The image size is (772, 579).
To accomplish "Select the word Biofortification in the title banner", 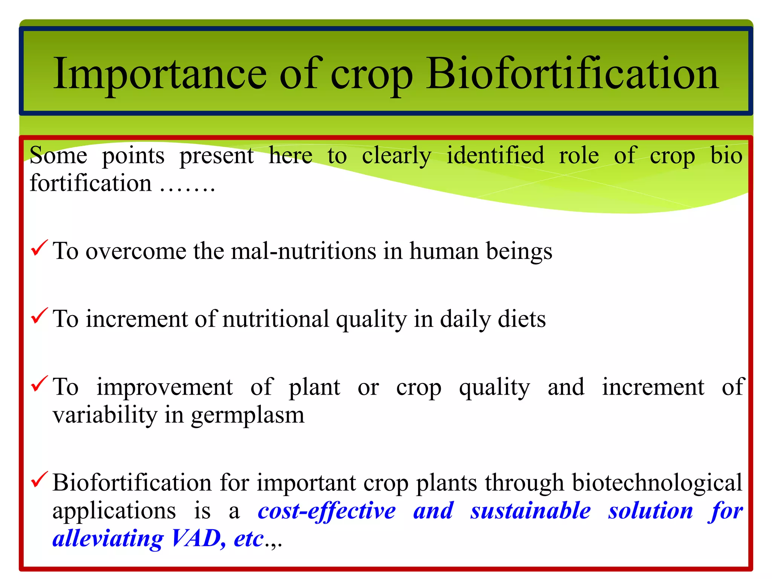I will [572, 74].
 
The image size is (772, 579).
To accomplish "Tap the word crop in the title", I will [371, 75].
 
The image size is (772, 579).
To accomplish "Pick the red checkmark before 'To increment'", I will [39, 316].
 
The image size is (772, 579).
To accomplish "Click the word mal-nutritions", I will [303, 251].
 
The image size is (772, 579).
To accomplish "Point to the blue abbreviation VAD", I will [196, 538].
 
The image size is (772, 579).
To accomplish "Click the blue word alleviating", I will [108, 538].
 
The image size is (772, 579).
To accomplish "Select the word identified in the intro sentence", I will [495, 155].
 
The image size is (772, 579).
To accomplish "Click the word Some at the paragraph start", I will [58, 155].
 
